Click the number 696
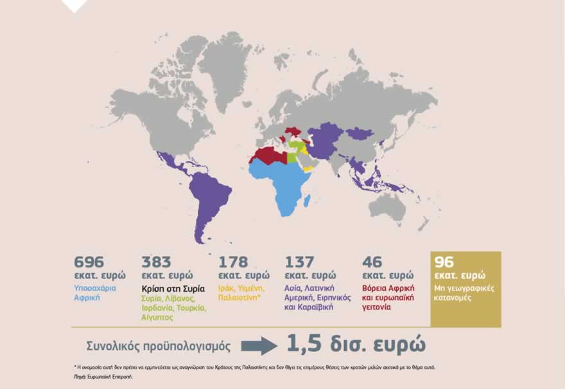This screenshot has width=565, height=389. pos(89,262)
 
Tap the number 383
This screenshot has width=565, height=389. pos(156,262)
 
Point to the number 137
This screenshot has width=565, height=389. pos(299,262)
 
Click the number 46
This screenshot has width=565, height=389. pos(372,262)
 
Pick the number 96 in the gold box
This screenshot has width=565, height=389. pos(444,262)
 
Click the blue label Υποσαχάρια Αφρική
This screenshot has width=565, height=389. pos(95,293)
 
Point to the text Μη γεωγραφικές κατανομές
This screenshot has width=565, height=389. pos(464,293)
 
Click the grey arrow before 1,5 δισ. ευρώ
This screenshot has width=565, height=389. pos(259,346)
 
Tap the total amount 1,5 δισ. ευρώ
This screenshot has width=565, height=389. pos(356,343)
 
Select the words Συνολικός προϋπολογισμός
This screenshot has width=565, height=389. pos(158,345)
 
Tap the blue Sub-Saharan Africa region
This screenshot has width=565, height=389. pos(282,183)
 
